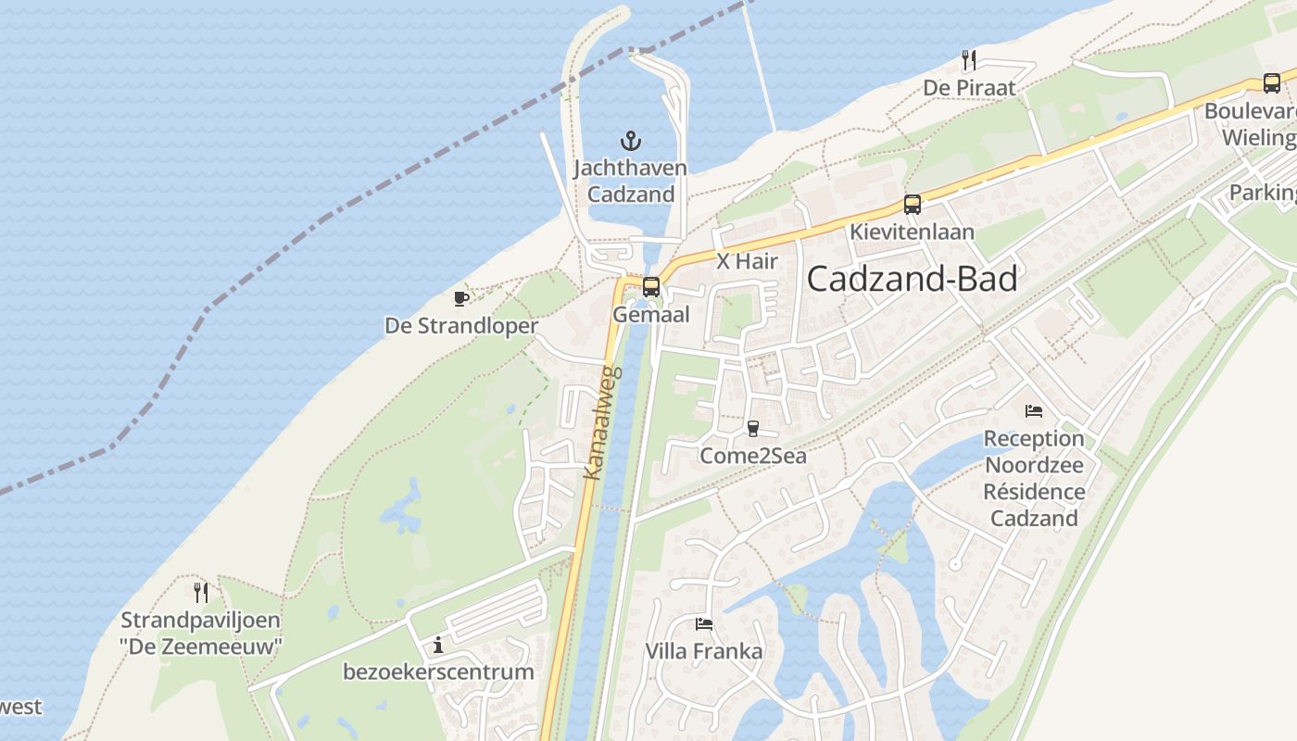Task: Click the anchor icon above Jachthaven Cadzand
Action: [631, 141]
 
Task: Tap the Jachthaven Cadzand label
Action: [631, 182]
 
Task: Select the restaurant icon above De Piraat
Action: [969, 60]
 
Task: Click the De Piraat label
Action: [969, 88]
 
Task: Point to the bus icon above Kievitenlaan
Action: [913, 205]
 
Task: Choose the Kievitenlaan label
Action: [913, 232]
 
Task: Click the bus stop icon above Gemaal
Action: [651, 287]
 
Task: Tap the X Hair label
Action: [747, 262]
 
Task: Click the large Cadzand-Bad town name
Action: [913, 279]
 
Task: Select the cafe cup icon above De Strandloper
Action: [461, 298]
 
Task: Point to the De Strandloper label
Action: [461, 326]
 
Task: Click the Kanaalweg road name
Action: [603, 422]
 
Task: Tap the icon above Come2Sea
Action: [752, 429]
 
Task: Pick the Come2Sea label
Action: [752, 456]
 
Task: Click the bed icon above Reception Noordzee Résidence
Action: [1034, 411]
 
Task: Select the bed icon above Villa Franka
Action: [704, 624]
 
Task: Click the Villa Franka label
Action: [704, 651]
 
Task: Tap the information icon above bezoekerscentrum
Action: [438, 645]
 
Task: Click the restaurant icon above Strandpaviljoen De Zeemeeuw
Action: [200, 592]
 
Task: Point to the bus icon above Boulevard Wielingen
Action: [1272, 83]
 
